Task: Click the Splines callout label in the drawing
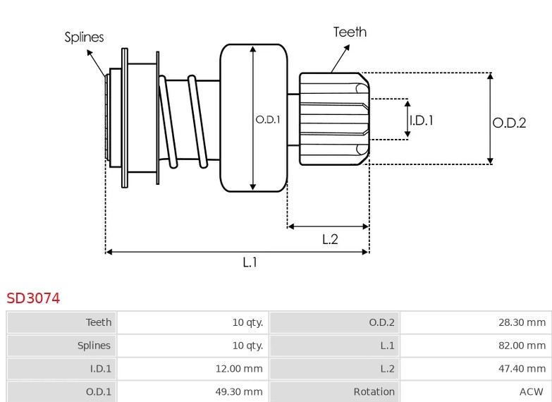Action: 84,37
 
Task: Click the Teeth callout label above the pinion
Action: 350,32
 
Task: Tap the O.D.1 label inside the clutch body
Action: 268,120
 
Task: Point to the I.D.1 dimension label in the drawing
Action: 422,121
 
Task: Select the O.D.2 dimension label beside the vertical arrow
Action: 509,123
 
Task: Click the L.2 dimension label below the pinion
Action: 330,240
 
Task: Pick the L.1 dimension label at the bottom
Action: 250,262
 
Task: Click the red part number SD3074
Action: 33,298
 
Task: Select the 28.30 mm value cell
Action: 476,322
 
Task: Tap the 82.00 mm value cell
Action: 476,346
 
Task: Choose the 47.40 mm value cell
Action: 476,369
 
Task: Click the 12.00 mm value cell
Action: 192,369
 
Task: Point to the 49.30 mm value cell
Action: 192,391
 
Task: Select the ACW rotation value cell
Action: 476,391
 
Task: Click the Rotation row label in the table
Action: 374,392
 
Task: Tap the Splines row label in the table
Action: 94,346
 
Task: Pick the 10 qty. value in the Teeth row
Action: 247,322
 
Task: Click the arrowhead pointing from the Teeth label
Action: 347,47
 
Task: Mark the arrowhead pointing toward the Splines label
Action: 90,52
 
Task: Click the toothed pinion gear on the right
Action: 334,118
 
